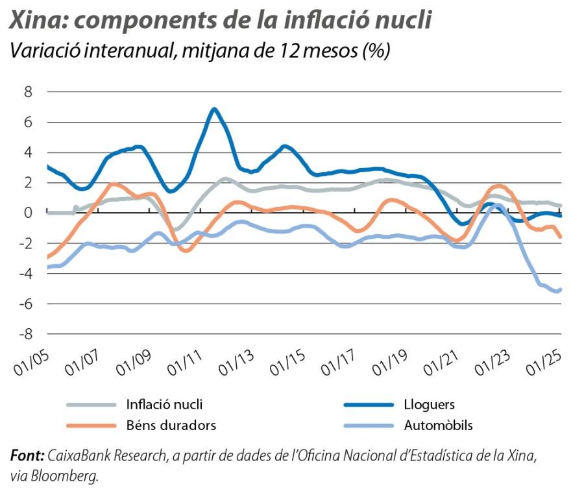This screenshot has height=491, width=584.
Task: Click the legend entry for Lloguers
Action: [429, 405]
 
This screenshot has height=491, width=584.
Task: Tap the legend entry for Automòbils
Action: [438, 425]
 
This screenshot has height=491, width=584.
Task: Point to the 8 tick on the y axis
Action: [28, 91]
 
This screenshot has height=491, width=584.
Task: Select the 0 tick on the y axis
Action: [28, 213]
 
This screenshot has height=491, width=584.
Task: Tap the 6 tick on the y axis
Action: [28, 122]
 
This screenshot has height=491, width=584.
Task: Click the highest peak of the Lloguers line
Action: [214, 109]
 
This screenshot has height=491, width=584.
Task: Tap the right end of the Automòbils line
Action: [560, 289]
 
